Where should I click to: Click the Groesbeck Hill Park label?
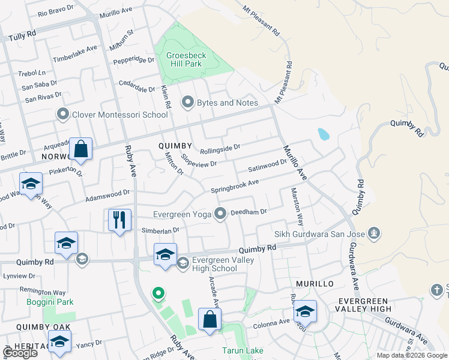point(186,60)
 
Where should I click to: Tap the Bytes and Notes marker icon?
point(188,103)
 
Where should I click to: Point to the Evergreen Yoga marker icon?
point(221,212)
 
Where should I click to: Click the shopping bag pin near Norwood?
point(80,149)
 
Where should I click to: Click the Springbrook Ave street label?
point(235,186)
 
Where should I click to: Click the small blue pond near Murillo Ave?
point(323,134)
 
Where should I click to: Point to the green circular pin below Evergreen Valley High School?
point(158,293)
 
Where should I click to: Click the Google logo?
point(20,353)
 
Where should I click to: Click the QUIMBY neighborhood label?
point(175,146)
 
